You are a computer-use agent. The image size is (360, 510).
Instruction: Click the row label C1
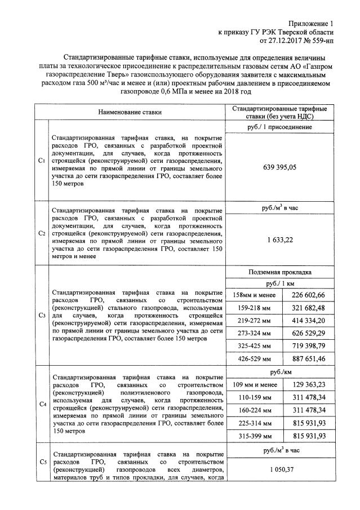41,161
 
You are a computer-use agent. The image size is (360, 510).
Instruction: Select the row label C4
41,404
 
